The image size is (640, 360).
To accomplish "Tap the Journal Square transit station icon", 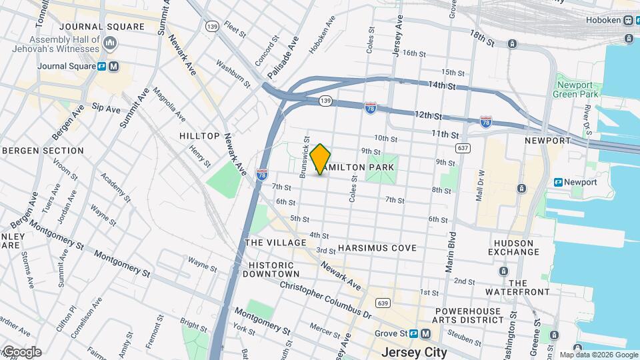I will tap(101, 66).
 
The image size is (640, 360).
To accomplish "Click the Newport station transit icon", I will tap(559, 182).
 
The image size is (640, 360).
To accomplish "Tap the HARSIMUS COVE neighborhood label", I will tap(377, 248).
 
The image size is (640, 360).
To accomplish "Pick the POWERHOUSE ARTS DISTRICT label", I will tap(469, 315).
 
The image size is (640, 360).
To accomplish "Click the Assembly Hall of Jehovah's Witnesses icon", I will tap(111, 44).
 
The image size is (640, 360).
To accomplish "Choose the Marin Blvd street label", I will tap(451, 252).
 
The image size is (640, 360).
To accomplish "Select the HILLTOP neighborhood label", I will tap(199, 136).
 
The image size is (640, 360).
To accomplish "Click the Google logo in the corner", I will tap(21, 351).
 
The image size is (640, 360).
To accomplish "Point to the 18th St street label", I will tap(481, 37).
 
